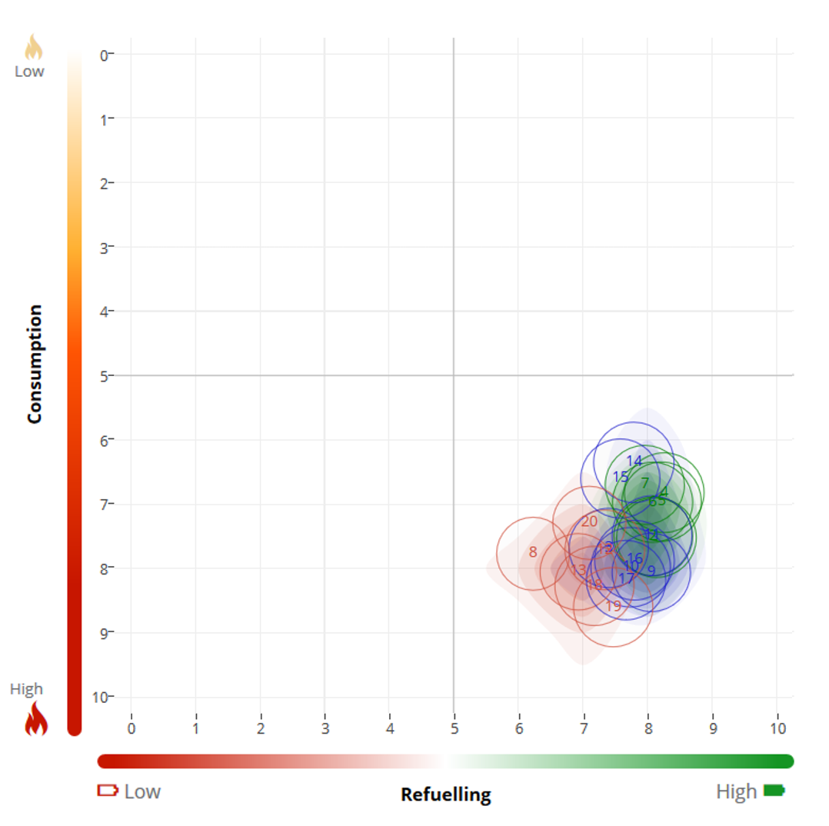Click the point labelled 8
point(532,552)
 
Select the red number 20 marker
point(589,521)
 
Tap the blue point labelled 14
point(634,461)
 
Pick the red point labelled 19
point(613,606)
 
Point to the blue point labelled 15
point(620,476)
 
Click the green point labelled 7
point(645,483)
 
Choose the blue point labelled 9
point(651,571)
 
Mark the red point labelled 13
point(578,570)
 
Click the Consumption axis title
point(34,364)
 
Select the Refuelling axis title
point(445,794)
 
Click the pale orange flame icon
point(34,48)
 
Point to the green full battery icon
point(774,790)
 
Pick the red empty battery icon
point(107,790)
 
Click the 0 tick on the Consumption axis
point(102,55)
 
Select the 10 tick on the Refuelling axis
point(777,727)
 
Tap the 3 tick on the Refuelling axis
point(325,727)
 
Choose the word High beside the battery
point(736,791)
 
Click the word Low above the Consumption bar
point(29,72)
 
